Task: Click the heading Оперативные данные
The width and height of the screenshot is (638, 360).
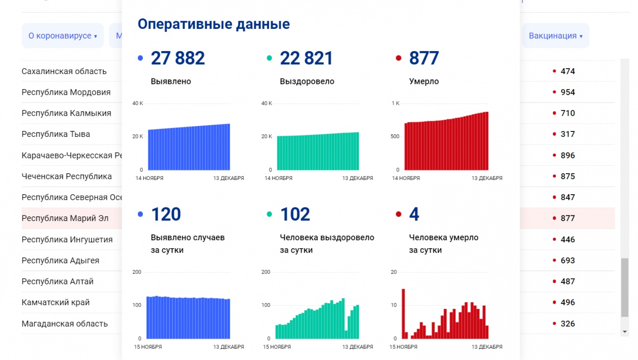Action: click(213, 24)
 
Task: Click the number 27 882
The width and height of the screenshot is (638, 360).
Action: click(178, 58)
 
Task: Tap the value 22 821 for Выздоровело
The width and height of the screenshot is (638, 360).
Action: click(306, 58)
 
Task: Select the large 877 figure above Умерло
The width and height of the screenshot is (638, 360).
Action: click(424, 58)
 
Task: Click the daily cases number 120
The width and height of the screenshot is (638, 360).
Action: click(166, 214)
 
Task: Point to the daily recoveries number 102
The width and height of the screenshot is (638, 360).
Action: click(295, 214)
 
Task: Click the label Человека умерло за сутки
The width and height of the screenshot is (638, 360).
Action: click(444, 244)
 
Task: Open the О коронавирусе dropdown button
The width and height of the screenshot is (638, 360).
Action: click(62, 36)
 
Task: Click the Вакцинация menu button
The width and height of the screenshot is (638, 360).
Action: click(555, 36)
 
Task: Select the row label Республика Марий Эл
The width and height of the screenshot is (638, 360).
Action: click(65, 218)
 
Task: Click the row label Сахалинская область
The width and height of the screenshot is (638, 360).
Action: click(64, 71)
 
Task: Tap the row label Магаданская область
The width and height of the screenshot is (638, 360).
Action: click(64, 324)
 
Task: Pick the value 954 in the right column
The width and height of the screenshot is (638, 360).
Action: click(567, 92)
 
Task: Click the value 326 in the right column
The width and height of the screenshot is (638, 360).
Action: click(567, 324)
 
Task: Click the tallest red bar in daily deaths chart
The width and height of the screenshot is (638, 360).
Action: click(403, 314)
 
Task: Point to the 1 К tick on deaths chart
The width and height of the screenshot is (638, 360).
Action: click(396, 103)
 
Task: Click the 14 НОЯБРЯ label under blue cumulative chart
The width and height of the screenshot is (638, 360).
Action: click(149, 179)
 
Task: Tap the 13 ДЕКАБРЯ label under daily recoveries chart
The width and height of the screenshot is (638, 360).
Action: click(357, 347)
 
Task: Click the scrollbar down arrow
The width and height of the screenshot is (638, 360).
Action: click(624, 332)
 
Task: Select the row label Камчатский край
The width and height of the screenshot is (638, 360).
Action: click(55, 303)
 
